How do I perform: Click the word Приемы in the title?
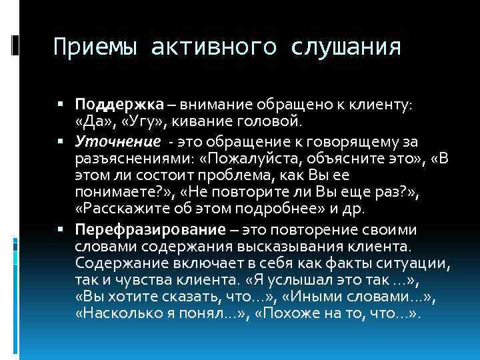[x=94, y=47]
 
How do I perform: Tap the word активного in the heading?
[x=214, y=47]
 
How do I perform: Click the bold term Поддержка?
[x=119, y=105]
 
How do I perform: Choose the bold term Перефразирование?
[x=151, y=230]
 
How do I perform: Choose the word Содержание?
[x=117, y=265]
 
